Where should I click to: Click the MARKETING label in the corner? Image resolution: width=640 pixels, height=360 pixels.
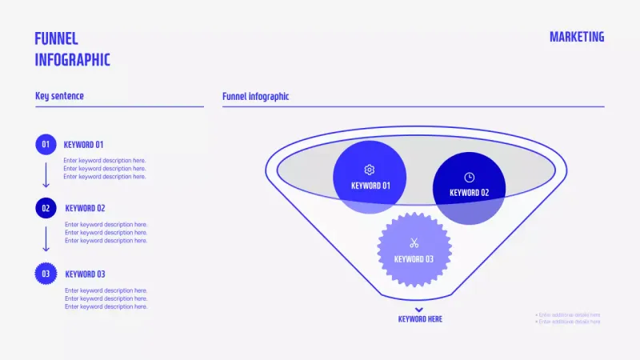click(577, 37)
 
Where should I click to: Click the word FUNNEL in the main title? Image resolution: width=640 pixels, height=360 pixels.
click(57, 39)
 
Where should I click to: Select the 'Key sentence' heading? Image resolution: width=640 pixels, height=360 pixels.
click(59, 96)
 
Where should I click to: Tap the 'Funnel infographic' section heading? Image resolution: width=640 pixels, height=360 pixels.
click(255, 96)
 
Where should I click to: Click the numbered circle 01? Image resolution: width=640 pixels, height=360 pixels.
click(46, 144)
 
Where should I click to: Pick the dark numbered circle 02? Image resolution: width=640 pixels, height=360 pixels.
click(46, 208)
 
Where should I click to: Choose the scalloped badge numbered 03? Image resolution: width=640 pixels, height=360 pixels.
click(46, 274)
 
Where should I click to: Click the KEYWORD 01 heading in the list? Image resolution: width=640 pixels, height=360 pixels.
click(84, 145)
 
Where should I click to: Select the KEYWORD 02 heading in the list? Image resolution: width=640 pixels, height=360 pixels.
click(85, 208)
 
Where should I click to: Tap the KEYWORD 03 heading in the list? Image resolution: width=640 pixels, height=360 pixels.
click(85, 274)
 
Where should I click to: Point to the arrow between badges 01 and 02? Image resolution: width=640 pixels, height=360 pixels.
click(46, 175)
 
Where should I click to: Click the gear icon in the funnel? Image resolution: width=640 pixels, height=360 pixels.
click(369, 170)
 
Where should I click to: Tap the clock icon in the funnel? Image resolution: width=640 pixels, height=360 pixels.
click(469, 177)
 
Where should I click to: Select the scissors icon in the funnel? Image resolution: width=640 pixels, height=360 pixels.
click(414, 243)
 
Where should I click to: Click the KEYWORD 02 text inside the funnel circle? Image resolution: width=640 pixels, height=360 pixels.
click(469, 193)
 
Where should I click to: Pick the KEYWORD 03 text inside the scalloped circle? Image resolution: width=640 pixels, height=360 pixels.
click(414, 259)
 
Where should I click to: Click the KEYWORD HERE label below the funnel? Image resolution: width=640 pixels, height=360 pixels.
click(420, 319)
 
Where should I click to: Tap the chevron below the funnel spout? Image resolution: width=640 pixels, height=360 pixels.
click(419, 309)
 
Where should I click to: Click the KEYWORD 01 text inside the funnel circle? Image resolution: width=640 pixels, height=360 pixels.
click(370, 186)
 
